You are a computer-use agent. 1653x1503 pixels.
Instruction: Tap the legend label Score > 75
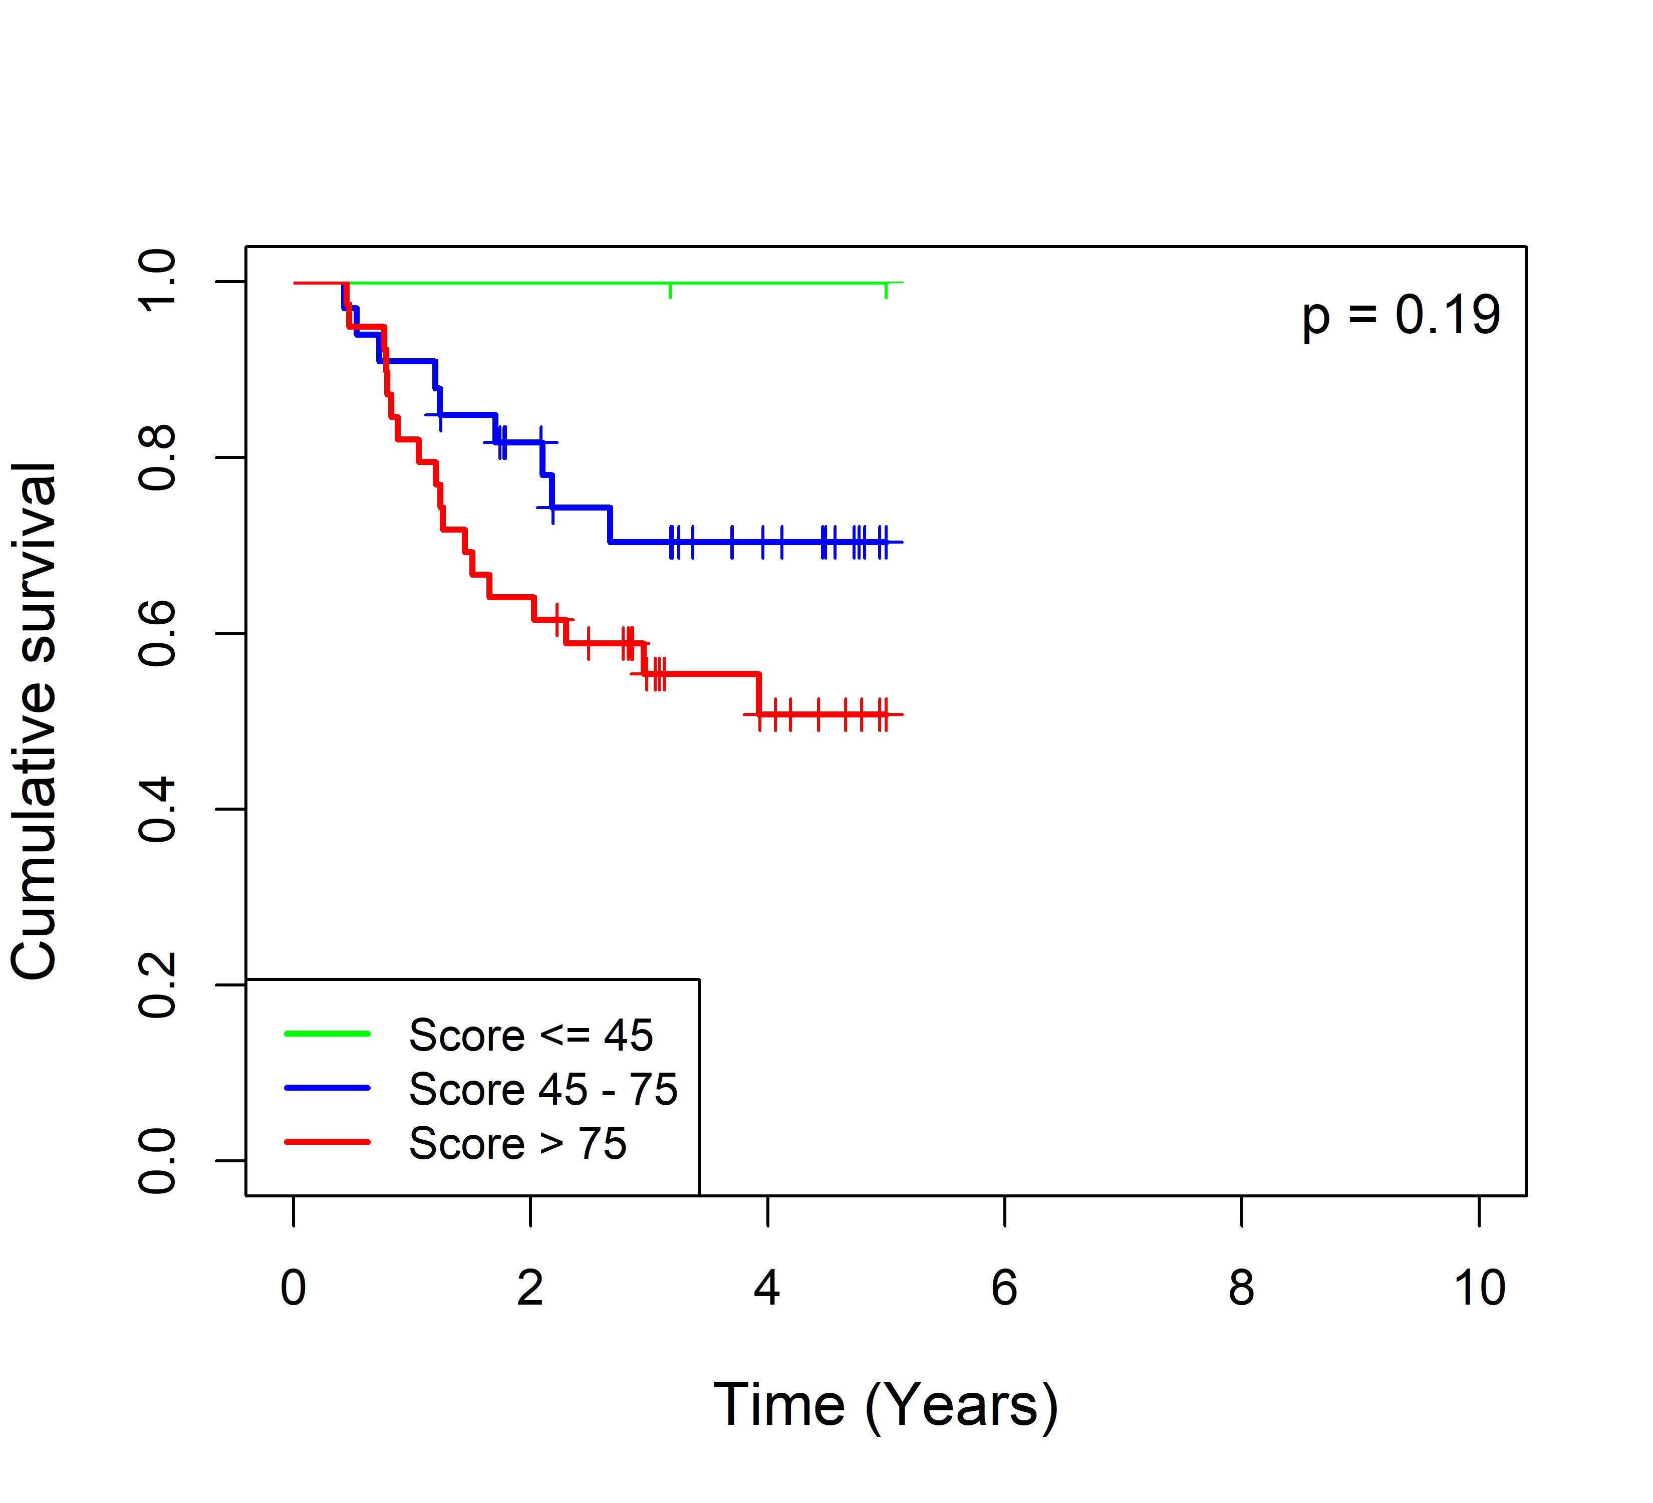pos(517,1143)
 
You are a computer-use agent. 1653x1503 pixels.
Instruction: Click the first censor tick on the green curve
pos(671,290)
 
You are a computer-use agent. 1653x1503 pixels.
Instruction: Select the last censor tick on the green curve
pos(886,290)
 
